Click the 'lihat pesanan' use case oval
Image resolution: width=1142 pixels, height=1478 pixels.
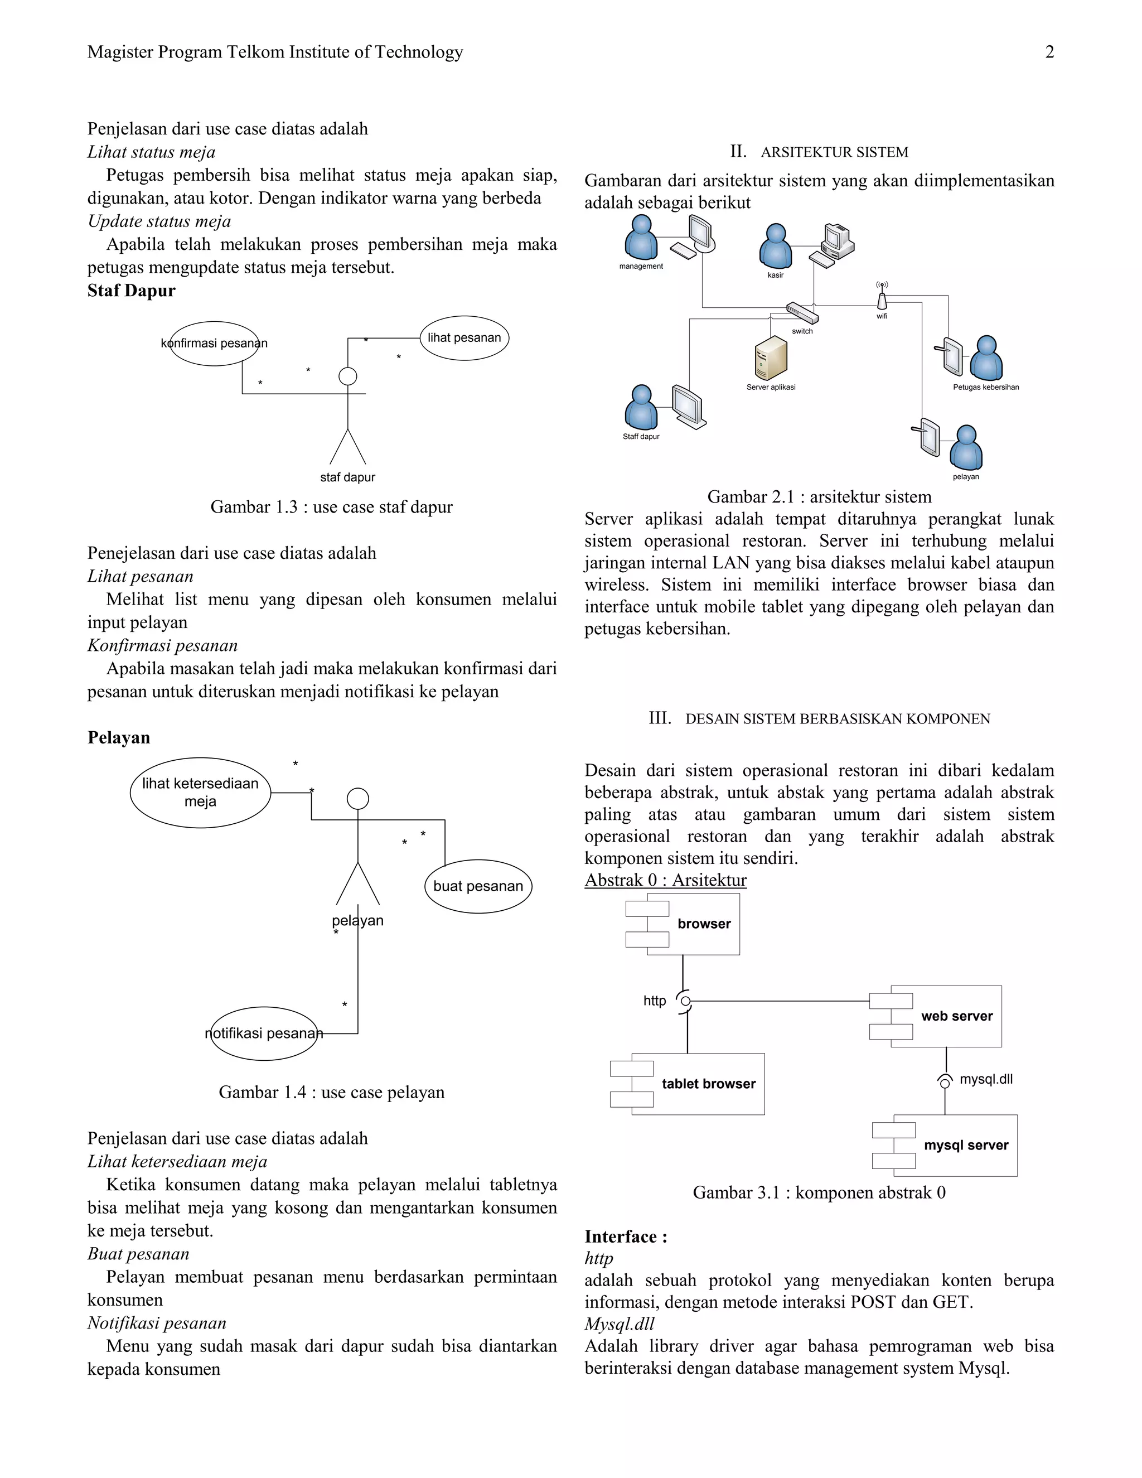(x=464, y=337)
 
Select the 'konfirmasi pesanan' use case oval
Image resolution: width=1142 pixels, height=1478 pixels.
(x=214, y=343)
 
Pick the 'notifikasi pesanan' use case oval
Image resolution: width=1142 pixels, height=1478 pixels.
(x=264, y=1033)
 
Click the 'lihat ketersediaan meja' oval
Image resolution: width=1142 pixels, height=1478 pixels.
(x=200, y=793)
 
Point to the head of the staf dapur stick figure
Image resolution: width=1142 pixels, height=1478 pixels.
(x=348, y=376)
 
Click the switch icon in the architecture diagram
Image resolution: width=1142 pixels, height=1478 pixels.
(x=802, y=313)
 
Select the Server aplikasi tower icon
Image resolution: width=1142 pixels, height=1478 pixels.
(x=771, y=358)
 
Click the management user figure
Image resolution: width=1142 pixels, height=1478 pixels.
(x=641, y=238)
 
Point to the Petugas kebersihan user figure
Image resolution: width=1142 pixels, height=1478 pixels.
(x=986, y=358)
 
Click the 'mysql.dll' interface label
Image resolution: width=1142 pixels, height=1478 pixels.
(x=986, y=1079)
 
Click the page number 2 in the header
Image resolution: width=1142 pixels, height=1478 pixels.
(x=1049, y=52)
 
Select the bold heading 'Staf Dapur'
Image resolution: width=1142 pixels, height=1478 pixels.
(x=131, y=291)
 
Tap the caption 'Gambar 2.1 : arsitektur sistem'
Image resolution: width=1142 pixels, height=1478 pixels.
(x=819, y=497)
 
